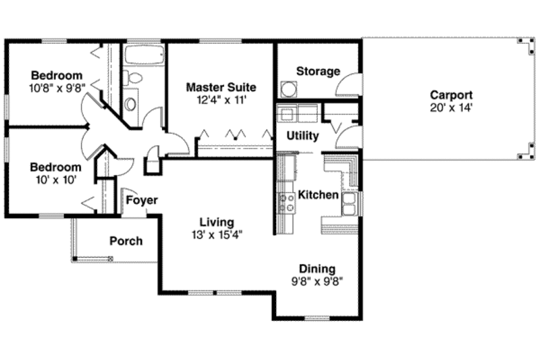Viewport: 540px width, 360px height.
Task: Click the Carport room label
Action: [x=451, y=95]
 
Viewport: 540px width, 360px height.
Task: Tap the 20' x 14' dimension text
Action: [x=451, y=107]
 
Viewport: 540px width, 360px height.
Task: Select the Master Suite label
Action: [x=221, y=87]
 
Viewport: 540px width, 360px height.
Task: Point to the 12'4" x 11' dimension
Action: [x=221, y=99]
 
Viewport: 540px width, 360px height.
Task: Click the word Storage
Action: [x=318, y=71]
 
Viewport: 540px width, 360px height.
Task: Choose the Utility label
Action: [x=302, y=136]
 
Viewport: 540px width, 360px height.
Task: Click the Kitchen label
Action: [x=318, y=195]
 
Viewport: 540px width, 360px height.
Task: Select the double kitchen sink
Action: [x=350, y=203]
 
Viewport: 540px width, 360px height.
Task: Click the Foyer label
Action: [x=142, y=200]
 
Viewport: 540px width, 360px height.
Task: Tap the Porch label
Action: [x=126, y=241]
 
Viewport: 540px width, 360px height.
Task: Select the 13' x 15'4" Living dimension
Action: [x=216, y=234]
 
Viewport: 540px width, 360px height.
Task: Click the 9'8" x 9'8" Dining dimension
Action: [x=317, y=282]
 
